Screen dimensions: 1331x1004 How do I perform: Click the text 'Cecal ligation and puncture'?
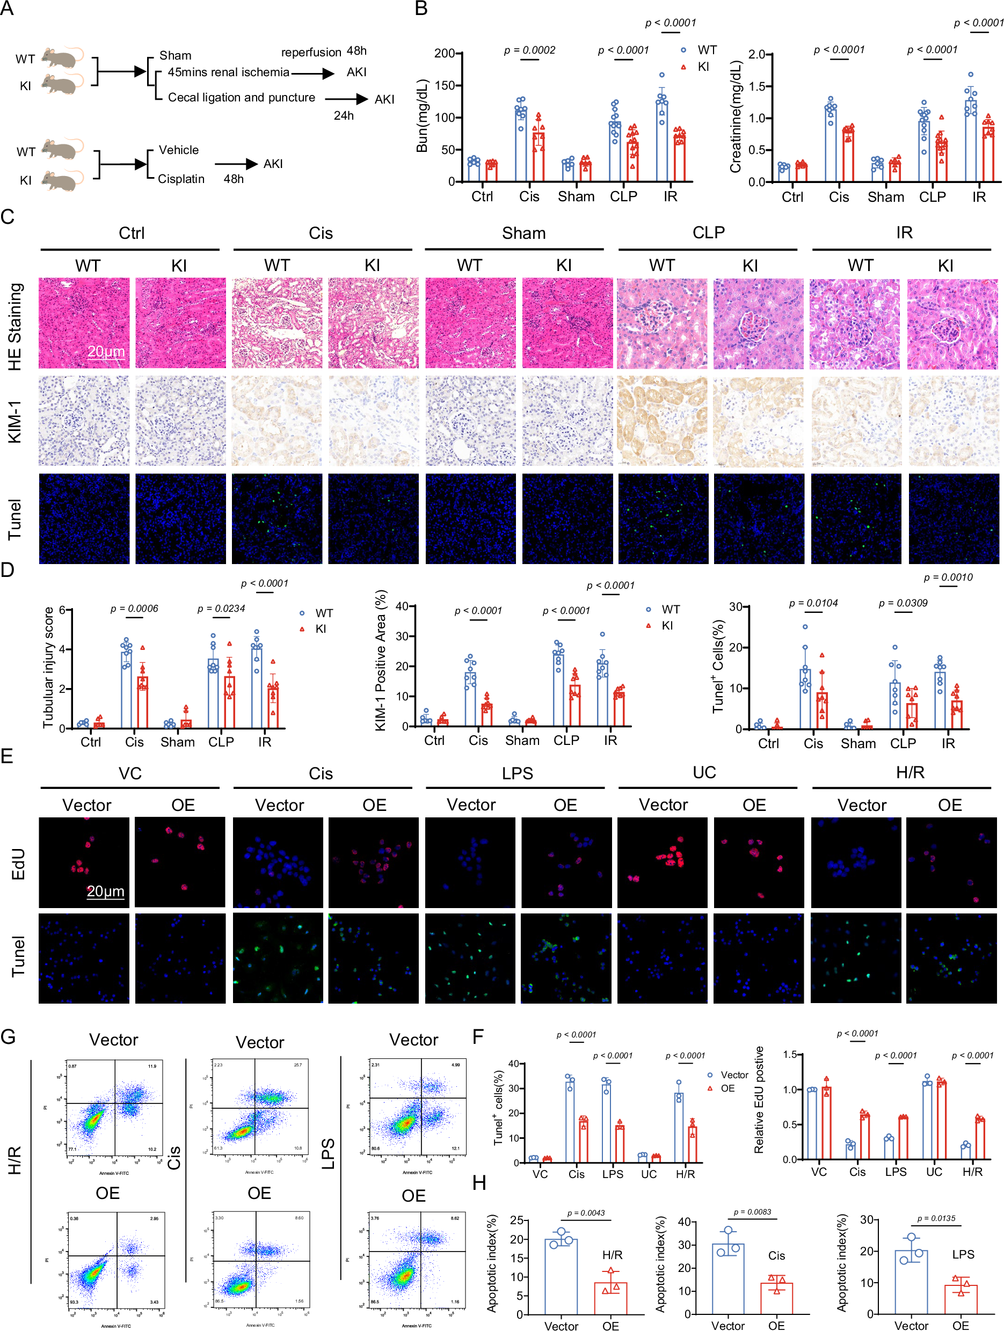242,98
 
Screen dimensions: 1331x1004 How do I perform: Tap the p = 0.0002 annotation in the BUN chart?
530,50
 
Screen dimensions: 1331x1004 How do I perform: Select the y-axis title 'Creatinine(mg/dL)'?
735,116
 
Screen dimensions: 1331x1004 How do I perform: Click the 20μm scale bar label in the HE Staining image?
106,352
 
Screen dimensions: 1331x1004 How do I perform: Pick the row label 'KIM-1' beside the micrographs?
14,421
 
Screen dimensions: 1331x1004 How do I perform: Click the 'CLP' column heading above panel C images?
709,233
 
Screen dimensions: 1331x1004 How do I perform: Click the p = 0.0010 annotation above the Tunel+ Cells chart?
948,577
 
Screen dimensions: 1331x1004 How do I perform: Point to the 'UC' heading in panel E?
704,773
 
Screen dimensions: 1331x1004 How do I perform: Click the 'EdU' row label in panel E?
18,864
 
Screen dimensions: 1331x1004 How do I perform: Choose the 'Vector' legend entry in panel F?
734,1074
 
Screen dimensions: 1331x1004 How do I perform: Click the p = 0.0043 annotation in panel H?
586,1212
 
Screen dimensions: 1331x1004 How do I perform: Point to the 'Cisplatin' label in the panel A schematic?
181,179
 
